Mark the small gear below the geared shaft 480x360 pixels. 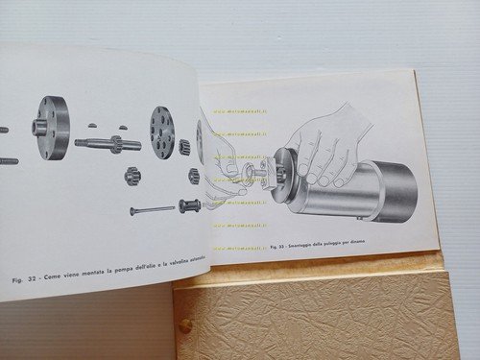point(133,178)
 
